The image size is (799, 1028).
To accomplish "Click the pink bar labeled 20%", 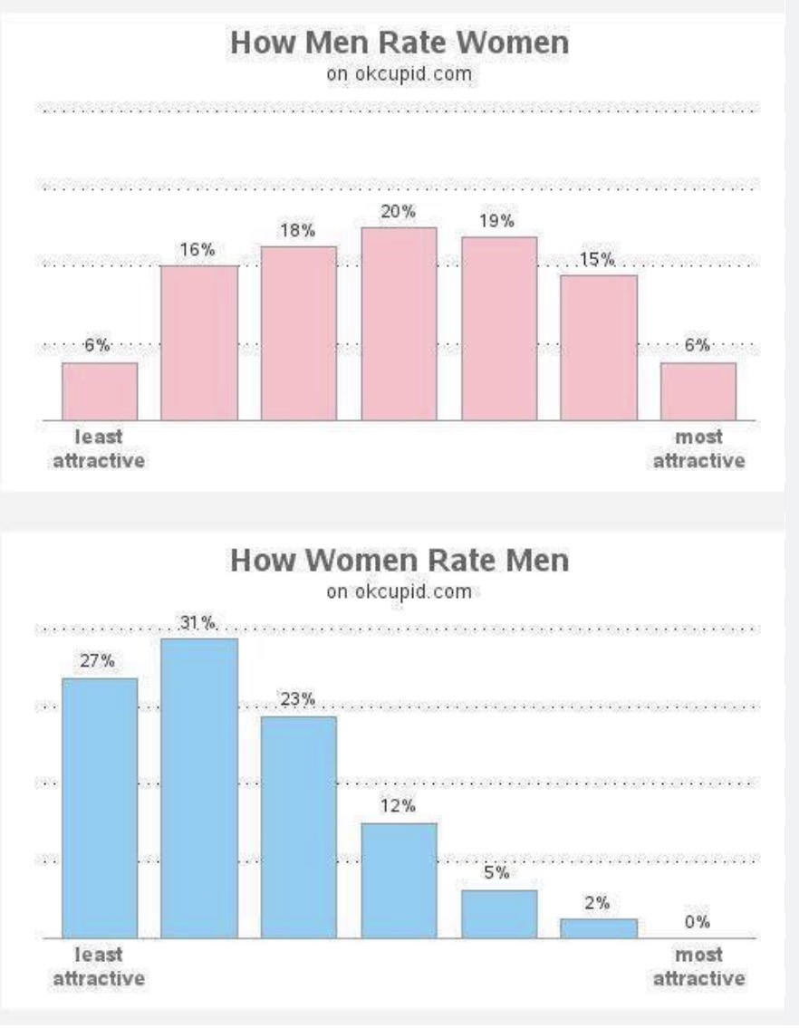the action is (399, 324).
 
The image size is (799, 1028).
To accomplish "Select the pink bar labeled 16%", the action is (199, 343).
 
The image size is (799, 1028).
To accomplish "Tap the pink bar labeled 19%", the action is (499, 329).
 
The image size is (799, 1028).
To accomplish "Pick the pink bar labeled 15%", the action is (599, 348).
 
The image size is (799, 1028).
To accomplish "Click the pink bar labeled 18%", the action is (299, 333).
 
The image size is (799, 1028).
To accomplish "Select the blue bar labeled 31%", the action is (199, 788).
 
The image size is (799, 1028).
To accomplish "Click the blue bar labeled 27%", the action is (100, 809).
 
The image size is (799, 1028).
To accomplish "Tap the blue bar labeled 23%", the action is (299, 828).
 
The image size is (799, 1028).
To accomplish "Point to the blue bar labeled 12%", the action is (399, 880).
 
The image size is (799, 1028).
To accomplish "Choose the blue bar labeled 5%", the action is (499, 914).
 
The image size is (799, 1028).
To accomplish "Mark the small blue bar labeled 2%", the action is (599, 928).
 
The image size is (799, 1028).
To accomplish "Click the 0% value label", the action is (698, 922).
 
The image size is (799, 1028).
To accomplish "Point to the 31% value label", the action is (197, 622).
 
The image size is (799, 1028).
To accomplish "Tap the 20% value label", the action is (399, 211).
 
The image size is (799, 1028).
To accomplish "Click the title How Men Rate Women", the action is (399, 43).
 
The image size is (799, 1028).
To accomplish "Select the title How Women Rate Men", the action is (399, 561).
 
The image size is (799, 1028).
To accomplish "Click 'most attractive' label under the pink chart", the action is (698, 448).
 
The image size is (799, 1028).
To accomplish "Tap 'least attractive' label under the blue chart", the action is (99, 966).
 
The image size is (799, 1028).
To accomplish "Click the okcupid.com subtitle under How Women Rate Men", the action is (399, 591).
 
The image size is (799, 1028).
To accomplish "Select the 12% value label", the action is (399, 805).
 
